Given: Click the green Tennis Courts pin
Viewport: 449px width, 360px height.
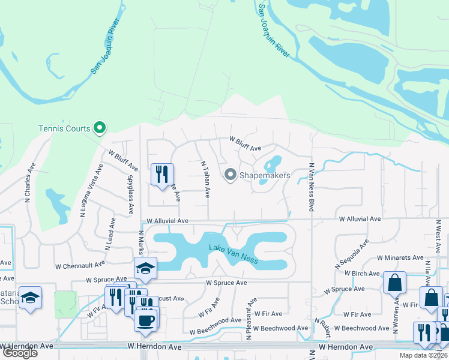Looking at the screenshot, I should [x=100, y=128].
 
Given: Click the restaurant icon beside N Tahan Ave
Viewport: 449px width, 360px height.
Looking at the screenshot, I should [x=161, y=175].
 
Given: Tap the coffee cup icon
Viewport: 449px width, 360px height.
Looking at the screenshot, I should [x=146, y=320].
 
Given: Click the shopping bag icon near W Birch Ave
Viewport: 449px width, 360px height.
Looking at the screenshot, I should [x=394, y=283].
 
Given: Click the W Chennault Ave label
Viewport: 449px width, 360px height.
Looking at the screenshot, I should [x=80, y=264].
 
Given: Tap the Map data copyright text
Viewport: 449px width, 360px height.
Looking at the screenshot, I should [x=424, y=355].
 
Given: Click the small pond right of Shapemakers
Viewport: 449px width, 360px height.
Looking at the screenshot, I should [x=273, y=164].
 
